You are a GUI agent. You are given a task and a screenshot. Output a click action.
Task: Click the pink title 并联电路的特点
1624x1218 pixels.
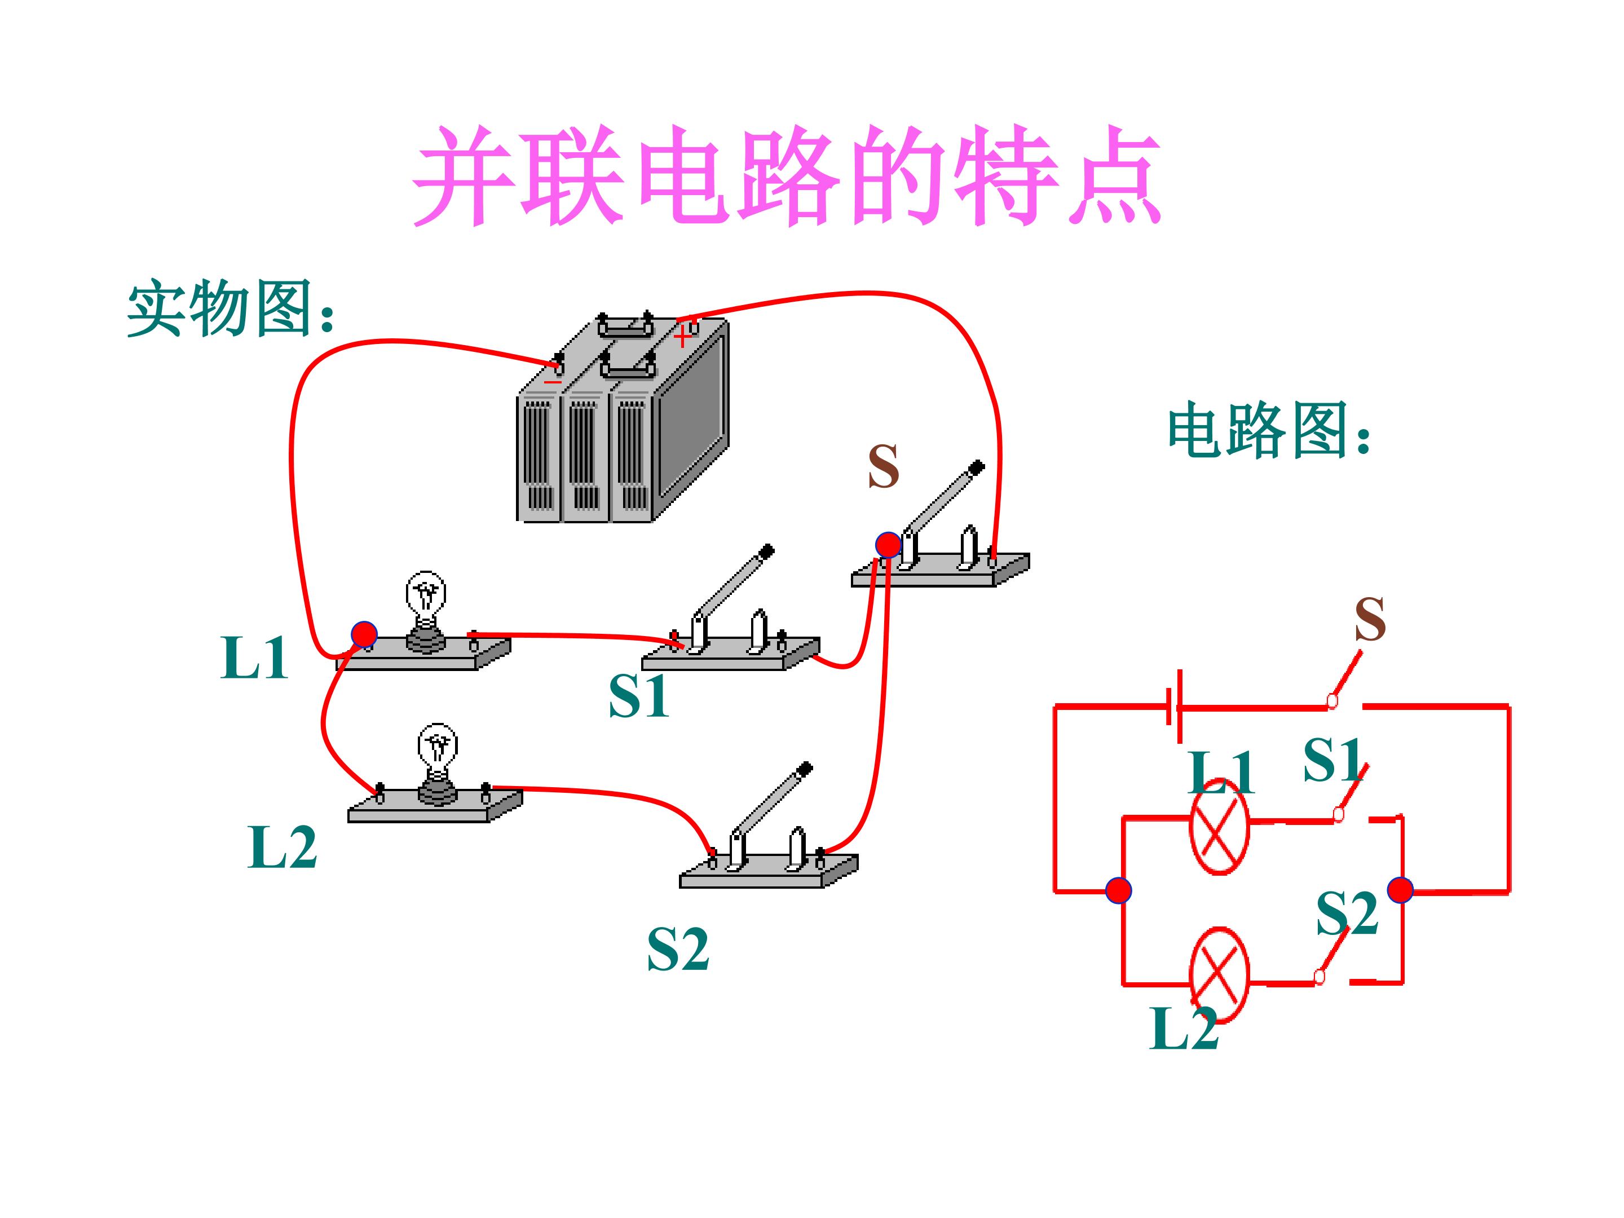click(x=785, y=176)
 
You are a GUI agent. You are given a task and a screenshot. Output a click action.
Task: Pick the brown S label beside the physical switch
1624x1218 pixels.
click(x=882, y=466)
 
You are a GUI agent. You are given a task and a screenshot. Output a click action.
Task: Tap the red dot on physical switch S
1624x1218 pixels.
click(x=888, y=545)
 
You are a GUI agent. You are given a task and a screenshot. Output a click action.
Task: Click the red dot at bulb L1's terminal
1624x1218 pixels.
click(x=364, y=634)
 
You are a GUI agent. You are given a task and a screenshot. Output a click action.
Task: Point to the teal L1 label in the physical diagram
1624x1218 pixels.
click(x=254, y=658)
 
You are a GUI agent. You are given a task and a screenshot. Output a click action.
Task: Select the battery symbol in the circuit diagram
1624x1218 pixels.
click(x=1175, y=707)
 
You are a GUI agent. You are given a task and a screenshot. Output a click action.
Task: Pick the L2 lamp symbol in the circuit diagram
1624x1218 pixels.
click(x=1220, y=975)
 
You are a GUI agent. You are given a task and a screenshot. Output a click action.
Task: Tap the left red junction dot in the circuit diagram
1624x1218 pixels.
click(x=1118, y=890)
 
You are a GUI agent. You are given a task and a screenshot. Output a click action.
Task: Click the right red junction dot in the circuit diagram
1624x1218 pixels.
click(x=1400, y=890)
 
